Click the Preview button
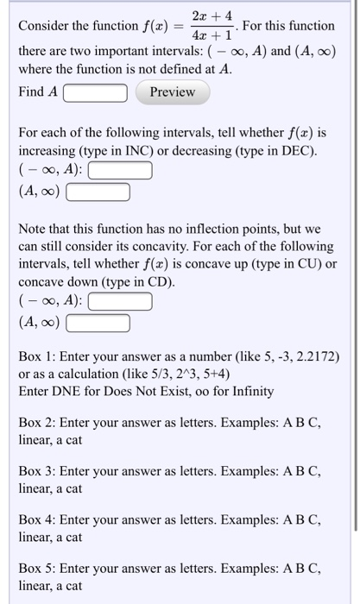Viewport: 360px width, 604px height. click(173, 92)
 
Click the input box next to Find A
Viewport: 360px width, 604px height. click(96, 92)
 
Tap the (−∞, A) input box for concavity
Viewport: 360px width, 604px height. click(121, 302)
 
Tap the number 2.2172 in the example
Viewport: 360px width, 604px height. click(314, 356)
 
